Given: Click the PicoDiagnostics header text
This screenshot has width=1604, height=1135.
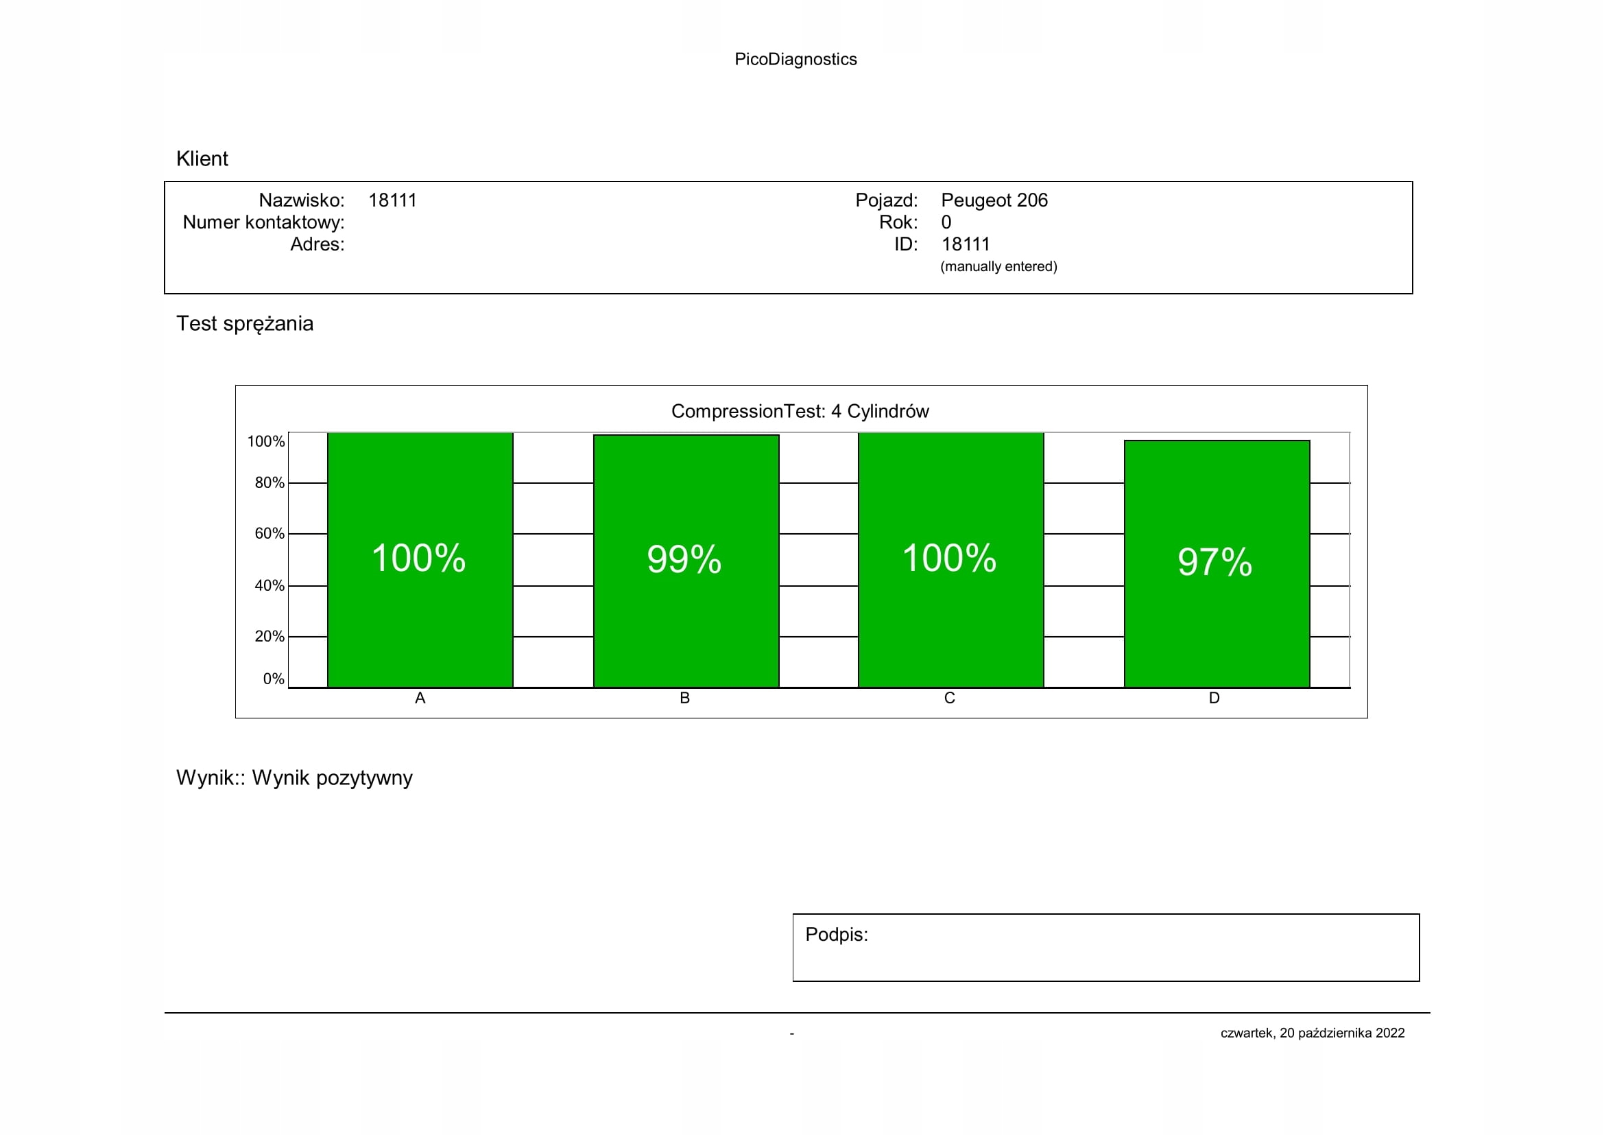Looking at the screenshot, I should pos(795,60).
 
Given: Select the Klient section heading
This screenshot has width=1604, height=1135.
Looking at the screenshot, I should pos(202,159).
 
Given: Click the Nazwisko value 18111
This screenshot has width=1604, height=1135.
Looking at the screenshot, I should pos(392,200).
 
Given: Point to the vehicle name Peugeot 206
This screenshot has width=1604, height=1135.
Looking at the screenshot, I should pos(994,200).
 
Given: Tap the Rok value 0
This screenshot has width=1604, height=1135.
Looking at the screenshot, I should pos(946,222).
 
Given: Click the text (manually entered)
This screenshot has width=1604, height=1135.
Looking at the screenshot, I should pos(998,266).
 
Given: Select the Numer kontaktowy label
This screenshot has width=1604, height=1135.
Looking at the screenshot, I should pos(263,222).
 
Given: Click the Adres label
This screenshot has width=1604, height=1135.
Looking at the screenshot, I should pos(318,244).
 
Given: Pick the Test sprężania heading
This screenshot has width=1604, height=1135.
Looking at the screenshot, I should pos(245,324).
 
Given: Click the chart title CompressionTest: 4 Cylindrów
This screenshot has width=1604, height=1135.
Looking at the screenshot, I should pos(800,411).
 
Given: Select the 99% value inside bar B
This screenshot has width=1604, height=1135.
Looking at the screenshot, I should pos(684,559).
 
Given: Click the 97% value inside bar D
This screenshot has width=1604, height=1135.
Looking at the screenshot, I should pos(1214,562).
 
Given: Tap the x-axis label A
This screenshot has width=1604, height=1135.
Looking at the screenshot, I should pos(420,697).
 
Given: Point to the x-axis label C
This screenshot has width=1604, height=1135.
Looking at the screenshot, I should pos(949,697).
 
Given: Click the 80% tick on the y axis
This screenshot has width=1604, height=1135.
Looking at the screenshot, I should pos(269,483).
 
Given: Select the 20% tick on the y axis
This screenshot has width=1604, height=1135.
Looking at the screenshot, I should pos(269,637).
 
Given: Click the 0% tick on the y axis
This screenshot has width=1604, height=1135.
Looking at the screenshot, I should pos(273,679).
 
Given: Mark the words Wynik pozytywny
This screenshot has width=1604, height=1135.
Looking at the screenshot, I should pos(332,778).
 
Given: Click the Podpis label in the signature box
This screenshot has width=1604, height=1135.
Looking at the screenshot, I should pos(836,935).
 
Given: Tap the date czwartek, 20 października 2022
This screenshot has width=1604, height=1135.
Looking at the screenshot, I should pos(1312,1033).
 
